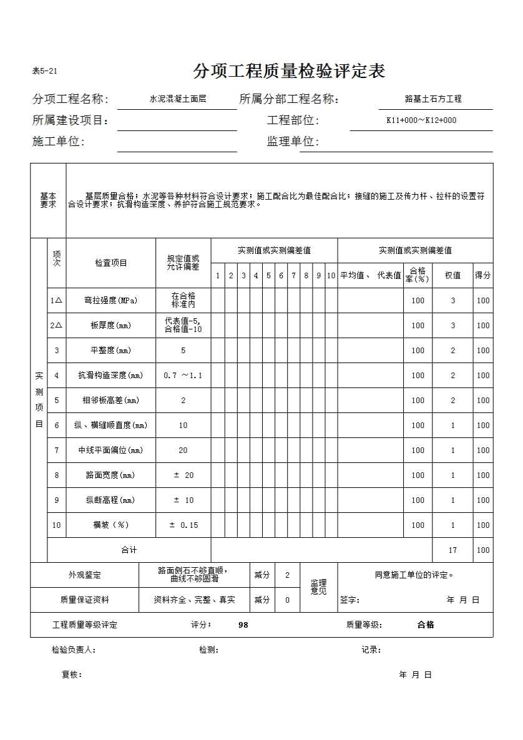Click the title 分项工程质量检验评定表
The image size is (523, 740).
coord(289,71)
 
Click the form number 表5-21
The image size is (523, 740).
coord(45,71)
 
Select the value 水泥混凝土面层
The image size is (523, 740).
coord(178,99)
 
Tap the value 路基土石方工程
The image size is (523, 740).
coord(433,99)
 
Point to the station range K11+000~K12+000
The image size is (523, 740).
coord(421,120)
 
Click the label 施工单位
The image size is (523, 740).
coord(58,142)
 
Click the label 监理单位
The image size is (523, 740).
coord(293,142)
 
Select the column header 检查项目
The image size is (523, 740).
coord(111,263)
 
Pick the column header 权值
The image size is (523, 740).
coord(452,275)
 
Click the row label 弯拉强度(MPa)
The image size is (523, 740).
coord(111,301)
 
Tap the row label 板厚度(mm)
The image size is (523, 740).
coord(111,326)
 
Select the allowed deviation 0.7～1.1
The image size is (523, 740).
coord(183,376)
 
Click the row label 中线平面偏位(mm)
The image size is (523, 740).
coord(111,450)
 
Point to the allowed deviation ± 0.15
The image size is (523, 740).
coord(183,525)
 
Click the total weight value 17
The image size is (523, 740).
coord(453,550)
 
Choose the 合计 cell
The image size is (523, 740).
coord(129,550)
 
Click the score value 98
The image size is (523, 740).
coord(243,625)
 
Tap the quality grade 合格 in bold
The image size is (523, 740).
coord(426,625)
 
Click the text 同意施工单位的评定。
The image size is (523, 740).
coord(414,575)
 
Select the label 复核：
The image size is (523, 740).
coord(72,674)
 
